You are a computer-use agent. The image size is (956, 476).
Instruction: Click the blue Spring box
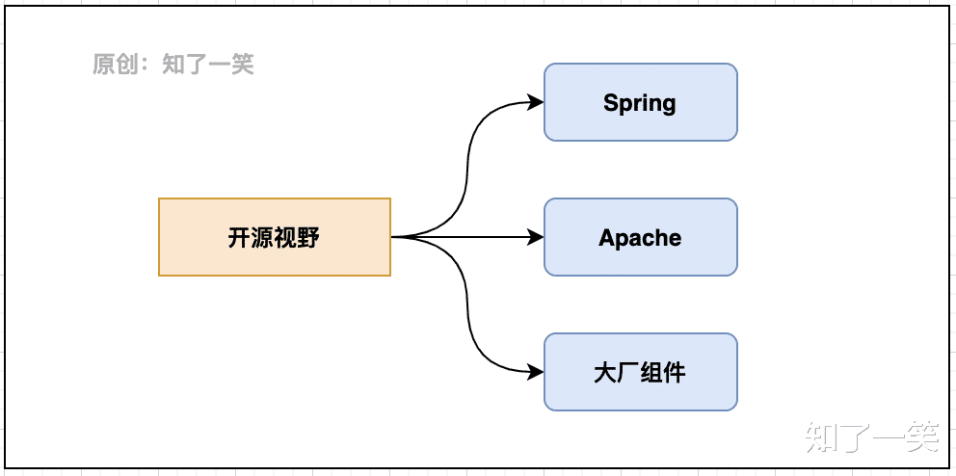coord(640,102)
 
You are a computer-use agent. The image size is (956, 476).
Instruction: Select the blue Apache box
coord(640,237)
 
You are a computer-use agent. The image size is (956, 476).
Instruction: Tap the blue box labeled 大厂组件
coord(640,372)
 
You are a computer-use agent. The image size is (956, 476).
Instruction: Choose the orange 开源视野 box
coord(274,237)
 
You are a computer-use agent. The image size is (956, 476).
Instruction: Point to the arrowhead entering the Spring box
coord(537,102)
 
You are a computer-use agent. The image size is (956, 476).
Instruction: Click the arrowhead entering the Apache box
coord(537,237)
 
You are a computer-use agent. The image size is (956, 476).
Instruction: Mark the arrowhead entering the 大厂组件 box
coord(537,372)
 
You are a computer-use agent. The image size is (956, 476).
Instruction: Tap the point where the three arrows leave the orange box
coord(393,237)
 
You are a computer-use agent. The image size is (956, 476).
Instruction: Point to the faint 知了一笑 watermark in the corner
coord(872,437)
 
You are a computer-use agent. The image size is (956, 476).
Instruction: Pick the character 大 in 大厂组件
coord(605,372)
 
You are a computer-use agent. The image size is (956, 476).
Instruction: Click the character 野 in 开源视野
coord(308,237)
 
